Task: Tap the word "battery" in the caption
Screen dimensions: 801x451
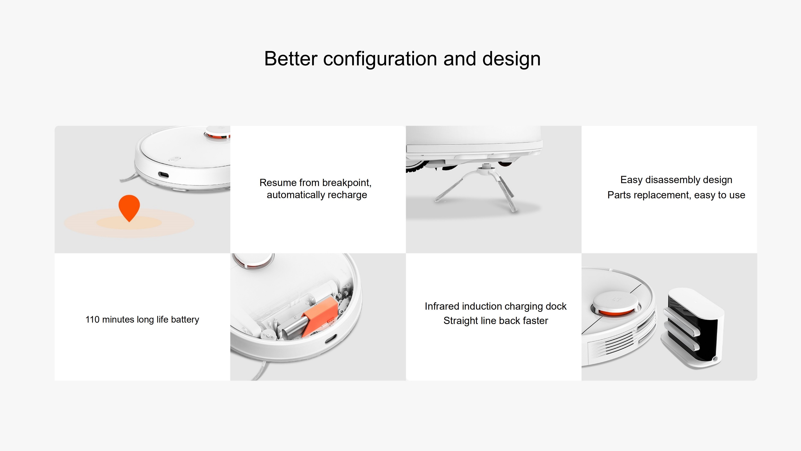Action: click(x=185, y=320)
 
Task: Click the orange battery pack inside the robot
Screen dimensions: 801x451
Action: click(x=320, y=315)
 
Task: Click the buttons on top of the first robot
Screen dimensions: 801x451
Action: click(x=175, y=159)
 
